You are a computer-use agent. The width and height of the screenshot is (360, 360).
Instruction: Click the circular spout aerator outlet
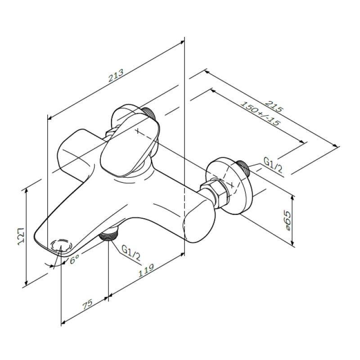(x=61, y=246)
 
